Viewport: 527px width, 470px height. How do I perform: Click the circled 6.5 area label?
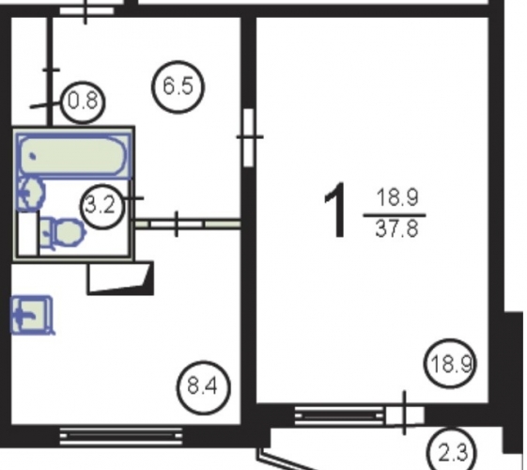click(178, 86)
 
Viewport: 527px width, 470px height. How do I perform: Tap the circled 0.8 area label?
click(83, 102)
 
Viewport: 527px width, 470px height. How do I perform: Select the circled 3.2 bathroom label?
click(102, 206)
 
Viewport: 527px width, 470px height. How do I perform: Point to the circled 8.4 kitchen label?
click(203, 387)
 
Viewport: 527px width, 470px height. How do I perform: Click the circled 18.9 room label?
click(450, 364)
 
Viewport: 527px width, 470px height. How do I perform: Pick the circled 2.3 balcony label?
click(452, 450)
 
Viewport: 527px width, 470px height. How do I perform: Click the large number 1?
click(335, 211)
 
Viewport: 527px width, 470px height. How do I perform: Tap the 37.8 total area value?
click(396, 228)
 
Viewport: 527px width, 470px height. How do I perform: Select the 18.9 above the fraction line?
click(397, 197)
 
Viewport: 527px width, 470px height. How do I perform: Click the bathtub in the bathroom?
click(73, 155)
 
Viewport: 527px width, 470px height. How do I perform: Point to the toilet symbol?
click(63, 232)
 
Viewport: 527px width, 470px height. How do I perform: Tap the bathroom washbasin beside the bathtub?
click(31, 194)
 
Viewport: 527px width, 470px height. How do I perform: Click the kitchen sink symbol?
click(32, 315)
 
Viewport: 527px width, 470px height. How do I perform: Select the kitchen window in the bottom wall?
click(121, 436)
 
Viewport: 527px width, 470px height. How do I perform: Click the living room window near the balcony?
click(339, 415)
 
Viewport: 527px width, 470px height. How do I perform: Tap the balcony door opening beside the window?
click(405, 415)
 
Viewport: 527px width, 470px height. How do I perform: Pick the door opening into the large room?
click(248, 137)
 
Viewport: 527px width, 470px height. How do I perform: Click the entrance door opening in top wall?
click(86, 10)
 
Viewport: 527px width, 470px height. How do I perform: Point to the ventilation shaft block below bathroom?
click(120, 278)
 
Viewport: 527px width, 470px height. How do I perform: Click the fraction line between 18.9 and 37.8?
click(395, 215)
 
